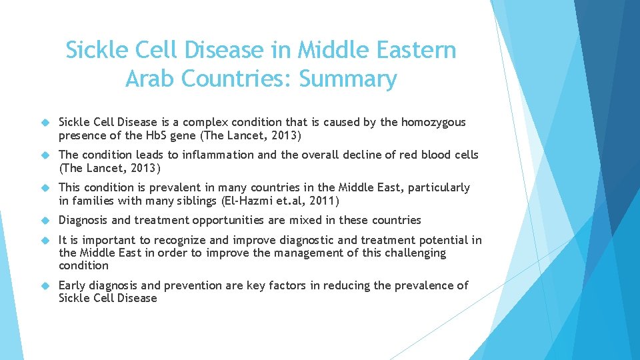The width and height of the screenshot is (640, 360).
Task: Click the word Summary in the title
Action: (347, 79)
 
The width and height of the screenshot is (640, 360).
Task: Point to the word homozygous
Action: (433, 123)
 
